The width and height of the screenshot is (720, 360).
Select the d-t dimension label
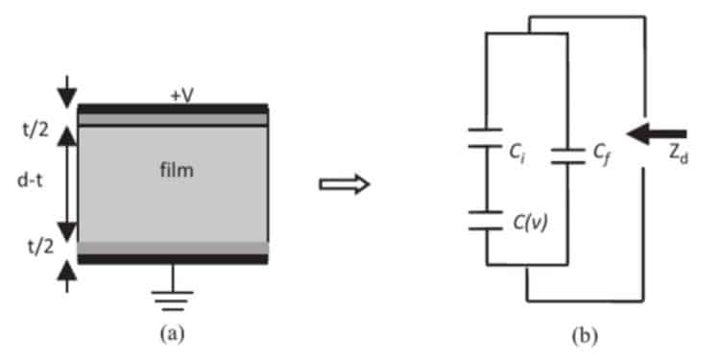[34, 182]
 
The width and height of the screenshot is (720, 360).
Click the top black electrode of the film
[172, 108]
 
